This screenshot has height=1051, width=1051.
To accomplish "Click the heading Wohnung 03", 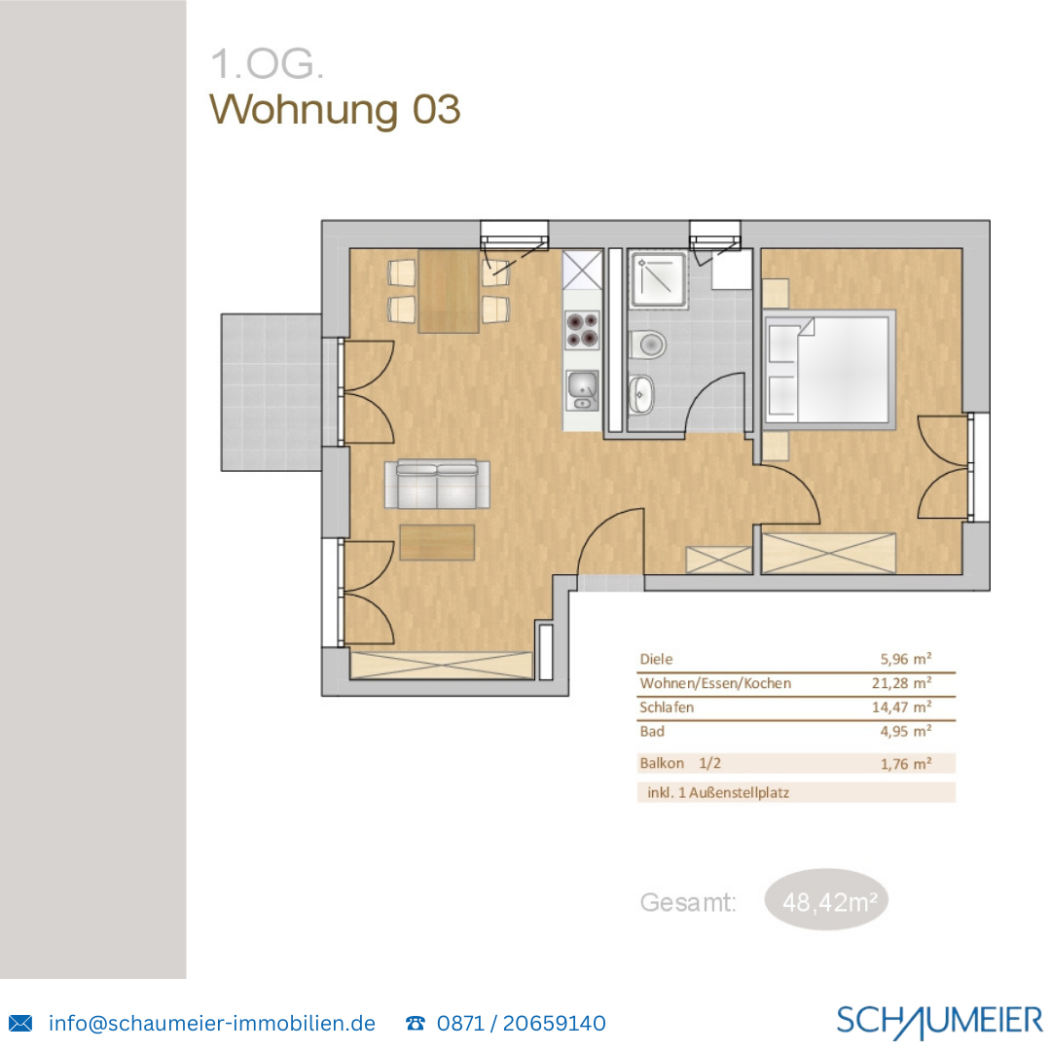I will (335, 109).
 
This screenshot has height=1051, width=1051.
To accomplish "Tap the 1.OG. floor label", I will (267, 64).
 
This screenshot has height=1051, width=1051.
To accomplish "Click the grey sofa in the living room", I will (437, 484).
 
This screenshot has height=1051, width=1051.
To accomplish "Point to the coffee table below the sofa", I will (437, 542).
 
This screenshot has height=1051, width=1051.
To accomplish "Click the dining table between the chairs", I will (449, 291).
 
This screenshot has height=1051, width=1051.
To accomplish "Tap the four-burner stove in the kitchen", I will (583, 329).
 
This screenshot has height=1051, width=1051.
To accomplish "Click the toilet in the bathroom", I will (647, 344).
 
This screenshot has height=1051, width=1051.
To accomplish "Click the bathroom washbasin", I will (642, 394).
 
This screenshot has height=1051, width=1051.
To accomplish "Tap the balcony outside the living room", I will (271, 391).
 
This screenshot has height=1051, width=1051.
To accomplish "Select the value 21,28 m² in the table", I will (904, 683).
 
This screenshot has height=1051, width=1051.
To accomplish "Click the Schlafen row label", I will (667, 707).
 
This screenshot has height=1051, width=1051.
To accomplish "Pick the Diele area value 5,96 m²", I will (906, 659).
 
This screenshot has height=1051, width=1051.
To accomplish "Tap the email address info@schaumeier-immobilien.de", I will (211, 1024).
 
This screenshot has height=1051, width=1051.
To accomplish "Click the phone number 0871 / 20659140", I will (521, 1024).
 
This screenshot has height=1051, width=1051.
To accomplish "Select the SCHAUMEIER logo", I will (938, 1021).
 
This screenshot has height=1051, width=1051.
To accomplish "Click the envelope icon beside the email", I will (20, 1024).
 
